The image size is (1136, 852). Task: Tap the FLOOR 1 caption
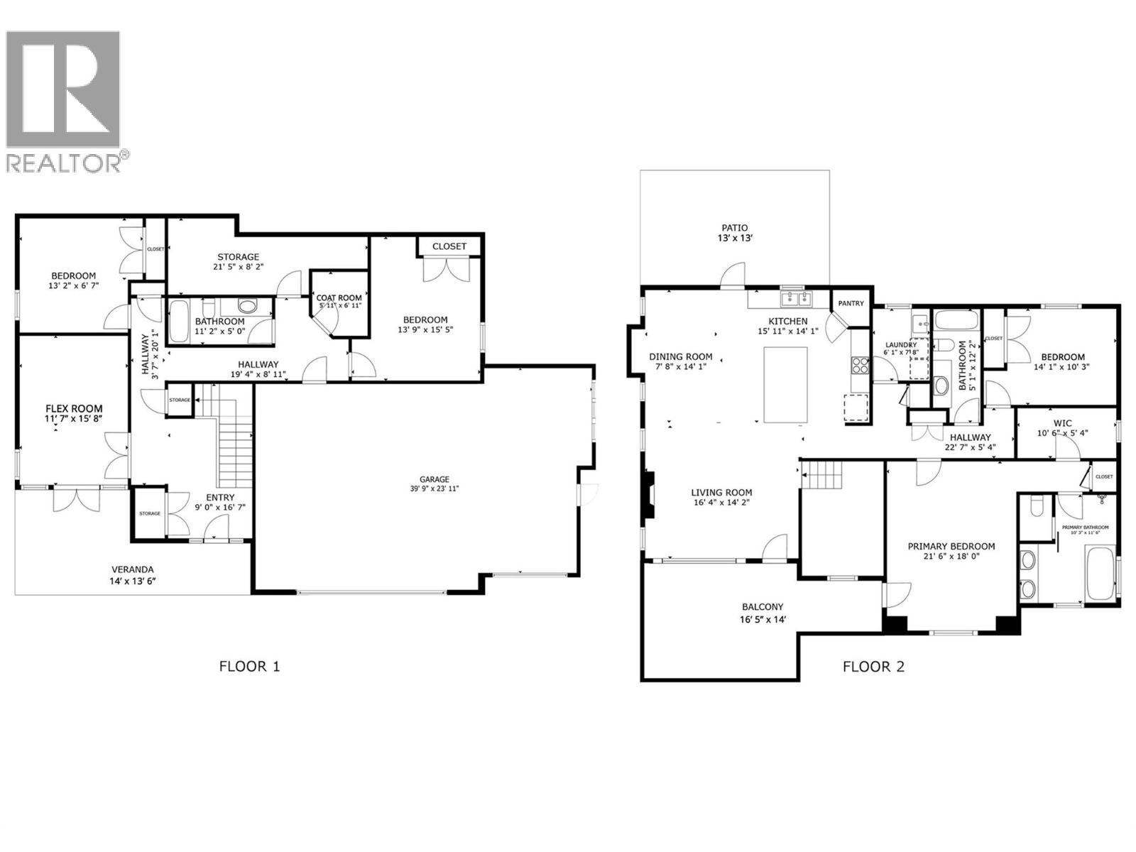[249, 667]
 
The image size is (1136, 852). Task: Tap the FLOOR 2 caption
[873, 667]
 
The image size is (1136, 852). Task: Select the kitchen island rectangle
[785, 384]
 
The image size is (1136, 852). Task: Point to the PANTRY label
[851, 303]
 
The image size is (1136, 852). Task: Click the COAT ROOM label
[339, 298]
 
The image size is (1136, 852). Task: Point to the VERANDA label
[132, 569]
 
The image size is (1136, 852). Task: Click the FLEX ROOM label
[74, 409]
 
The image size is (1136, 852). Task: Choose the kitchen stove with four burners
[860, 365]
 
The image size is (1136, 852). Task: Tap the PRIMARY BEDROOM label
[951, 546]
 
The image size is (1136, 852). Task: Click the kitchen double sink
[794, 298]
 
